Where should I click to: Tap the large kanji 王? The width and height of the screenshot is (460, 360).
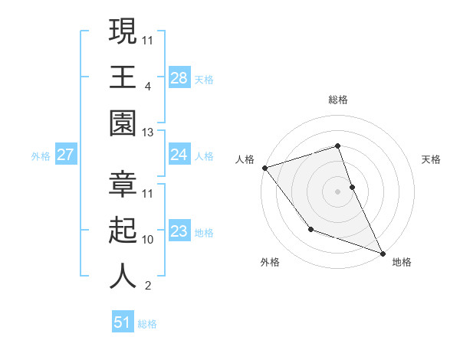click(x=123, y=77)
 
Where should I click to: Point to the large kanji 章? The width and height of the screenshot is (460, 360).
click(x=123, y=184)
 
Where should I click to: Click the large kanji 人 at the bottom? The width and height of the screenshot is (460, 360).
click(x=123, y=276)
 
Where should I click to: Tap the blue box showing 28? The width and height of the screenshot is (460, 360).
click(x=179, y=77)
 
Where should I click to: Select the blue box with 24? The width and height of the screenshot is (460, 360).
click(x=179, y=155)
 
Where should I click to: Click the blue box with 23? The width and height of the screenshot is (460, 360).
click(x=179, y=231)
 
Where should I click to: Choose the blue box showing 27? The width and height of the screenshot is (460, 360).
click(x=65, y=155)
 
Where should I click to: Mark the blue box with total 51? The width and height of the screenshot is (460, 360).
click(x=123, y=322)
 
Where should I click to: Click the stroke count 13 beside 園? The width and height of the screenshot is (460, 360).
click(x=148, y=133)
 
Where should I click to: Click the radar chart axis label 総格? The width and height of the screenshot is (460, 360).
click(x=338, y=100)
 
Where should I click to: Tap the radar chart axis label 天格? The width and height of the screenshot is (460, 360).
click(x=431, y=159)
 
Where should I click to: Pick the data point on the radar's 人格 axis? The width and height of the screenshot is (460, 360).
click(x=264, y=167)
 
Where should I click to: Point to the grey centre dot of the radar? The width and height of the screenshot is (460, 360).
click(x=338, y=191)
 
